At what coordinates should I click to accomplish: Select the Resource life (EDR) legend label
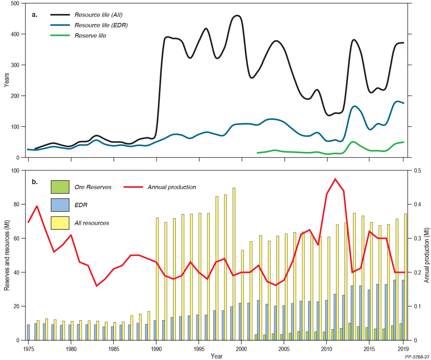coord(101,25)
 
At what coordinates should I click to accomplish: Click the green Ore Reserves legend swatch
coord(60,187)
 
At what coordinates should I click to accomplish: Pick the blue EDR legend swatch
coord(60,205)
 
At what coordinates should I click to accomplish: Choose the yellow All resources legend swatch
coord(60,223)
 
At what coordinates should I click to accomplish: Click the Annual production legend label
coord(172,187)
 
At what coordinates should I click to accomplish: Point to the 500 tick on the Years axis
coord(15,4)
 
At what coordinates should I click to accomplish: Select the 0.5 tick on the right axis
coord(417,170)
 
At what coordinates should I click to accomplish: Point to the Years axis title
coord(6,80)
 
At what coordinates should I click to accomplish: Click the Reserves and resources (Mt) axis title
coord(6,255)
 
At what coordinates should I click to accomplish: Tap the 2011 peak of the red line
coord(335,179)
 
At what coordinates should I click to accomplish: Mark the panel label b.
coord(34,182)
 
